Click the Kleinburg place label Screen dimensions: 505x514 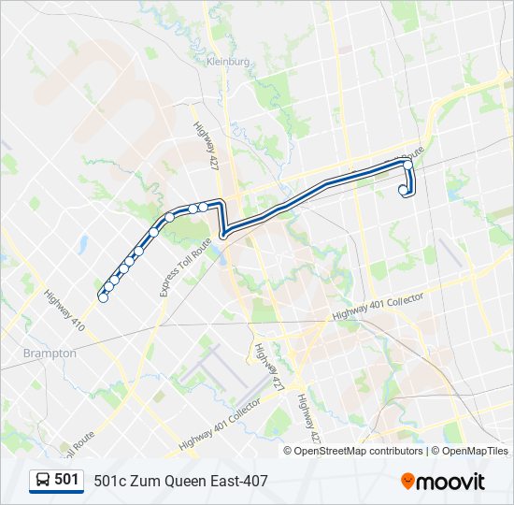click(x=229, y=62)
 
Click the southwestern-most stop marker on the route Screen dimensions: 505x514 click(x=103, y=297)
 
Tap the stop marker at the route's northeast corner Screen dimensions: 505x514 click(x=407, y=165)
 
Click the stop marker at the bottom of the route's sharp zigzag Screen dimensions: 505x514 click(x=224, y=234)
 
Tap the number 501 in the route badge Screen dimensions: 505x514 click(x=66, y=480)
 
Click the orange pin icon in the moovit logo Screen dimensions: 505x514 click(x=408, y=481)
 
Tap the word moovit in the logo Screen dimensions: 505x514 click(x=452, y=481)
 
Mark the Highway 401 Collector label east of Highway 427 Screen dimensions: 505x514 click(x=378, y=305)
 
